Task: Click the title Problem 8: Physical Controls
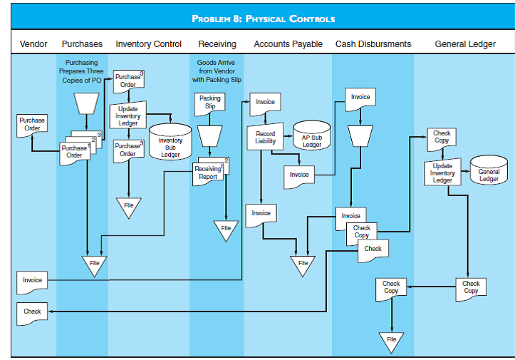point(263,18)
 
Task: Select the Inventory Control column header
point(148,44)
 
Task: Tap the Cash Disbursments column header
point(373,44)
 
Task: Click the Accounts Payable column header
point(288,44)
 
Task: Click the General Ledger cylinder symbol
point(489,170)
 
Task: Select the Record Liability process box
point(265,138)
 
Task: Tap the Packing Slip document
point(209,103)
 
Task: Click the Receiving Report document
point(207,173)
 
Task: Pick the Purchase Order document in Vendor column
point(32,124)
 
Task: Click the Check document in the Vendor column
point(32,312)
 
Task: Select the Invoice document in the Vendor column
point(32,281)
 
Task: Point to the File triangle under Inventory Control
point(128,206)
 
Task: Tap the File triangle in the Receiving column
point(225,229)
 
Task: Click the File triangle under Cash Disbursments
point(391,341)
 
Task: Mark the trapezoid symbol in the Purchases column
point(85,103)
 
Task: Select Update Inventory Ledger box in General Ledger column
point(442,173)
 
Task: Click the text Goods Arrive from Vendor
point(216,71)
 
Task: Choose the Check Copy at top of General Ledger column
point(442,137)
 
